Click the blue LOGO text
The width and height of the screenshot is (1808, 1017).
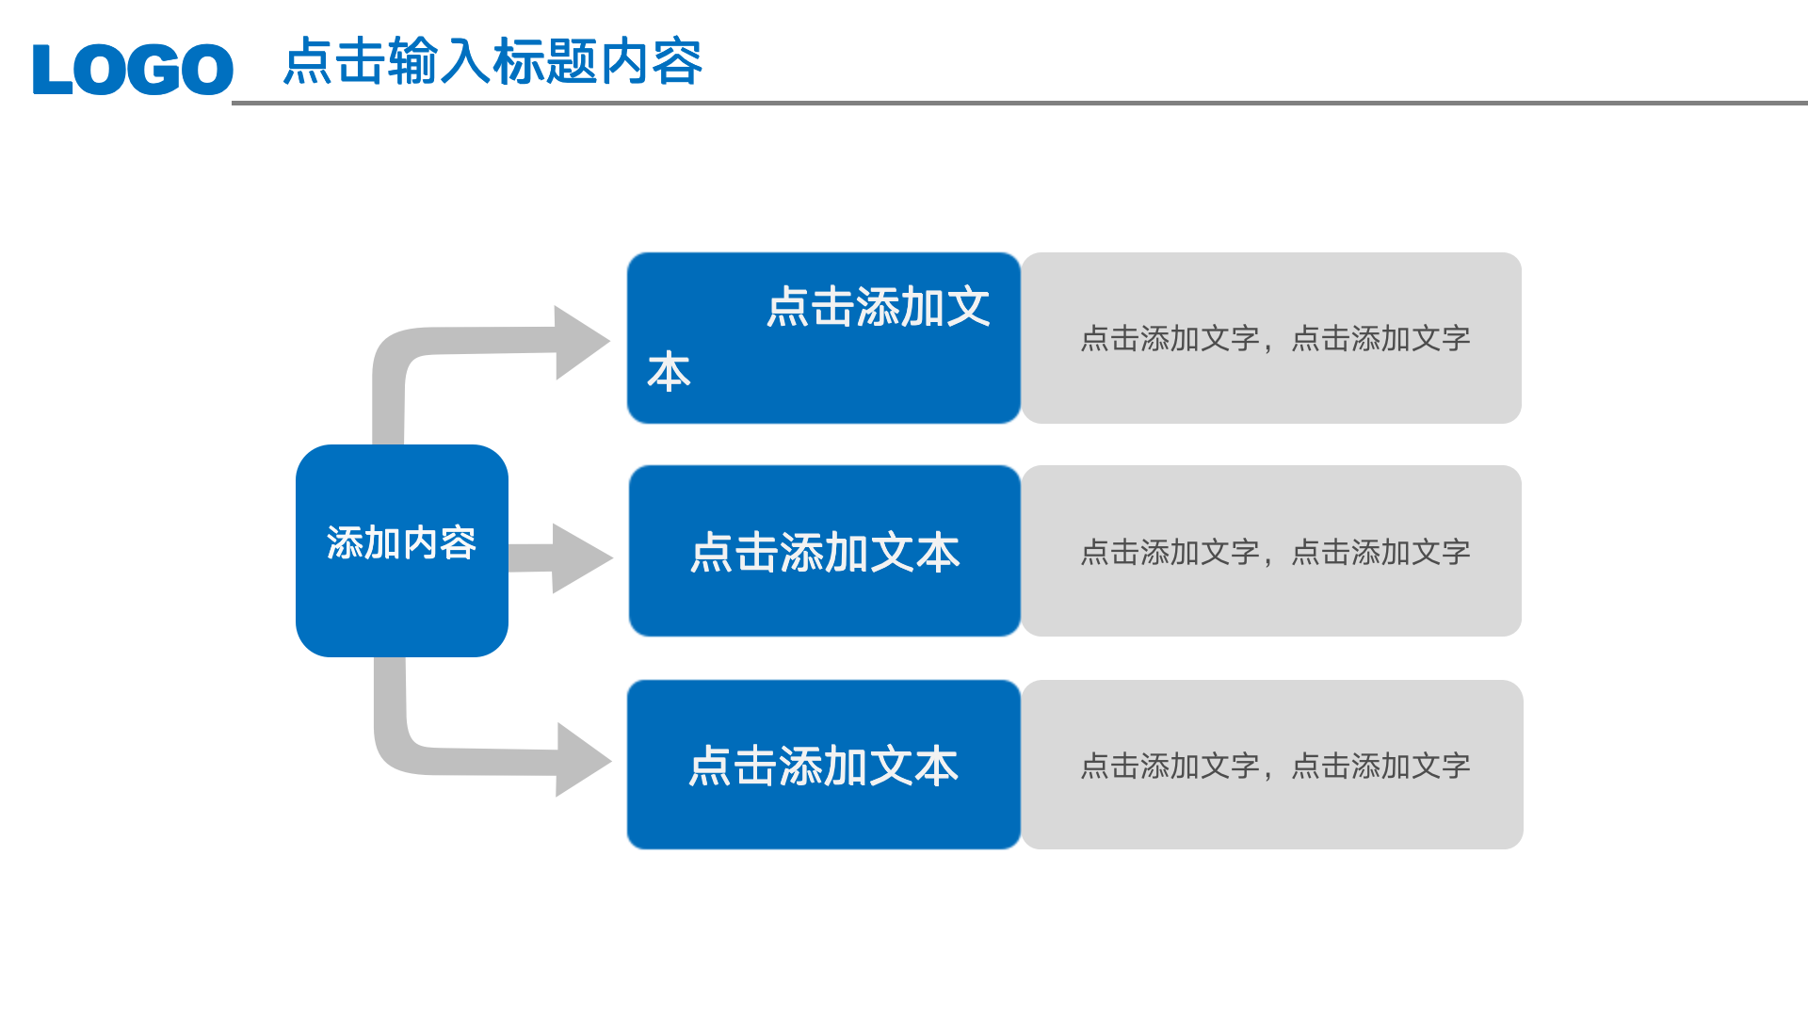tap(133, 70)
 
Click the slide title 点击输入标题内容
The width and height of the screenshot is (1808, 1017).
tap(492, 62)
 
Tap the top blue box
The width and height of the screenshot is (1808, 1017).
tap(824, 338)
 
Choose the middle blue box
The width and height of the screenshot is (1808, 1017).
tap(825, 552)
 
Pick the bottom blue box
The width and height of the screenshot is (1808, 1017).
tap(824, 765)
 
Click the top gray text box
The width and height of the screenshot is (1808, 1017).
tap(1272, 338)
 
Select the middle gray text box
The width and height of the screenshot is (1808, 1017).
tap(1272, 551)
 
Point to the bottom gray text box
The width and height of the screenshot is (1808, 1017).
tap(1272, 765)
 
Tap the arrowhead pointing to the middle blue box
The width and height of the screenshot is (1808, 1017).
tap(580, 558)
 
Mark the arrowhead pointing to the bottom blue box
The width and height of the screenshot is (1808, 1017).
tap(582, 760)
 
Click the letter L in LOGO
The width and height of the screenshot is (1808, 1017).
tap(52, 70)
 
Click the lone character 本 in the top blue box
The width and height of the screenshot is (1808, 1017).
tap(670, 372)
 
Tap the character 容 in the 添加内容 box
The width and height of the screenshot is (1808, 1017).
tap(459, 543)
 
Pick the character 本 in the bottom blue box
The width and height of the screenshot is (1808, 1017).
tap(937, 766)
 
